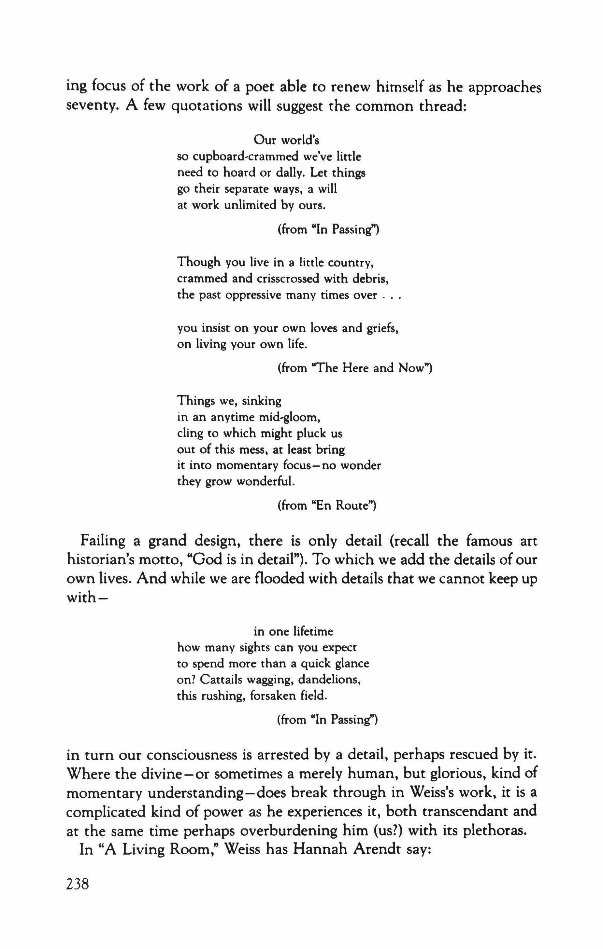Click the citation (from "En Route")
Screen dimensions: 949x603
[x=326, y=506]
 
